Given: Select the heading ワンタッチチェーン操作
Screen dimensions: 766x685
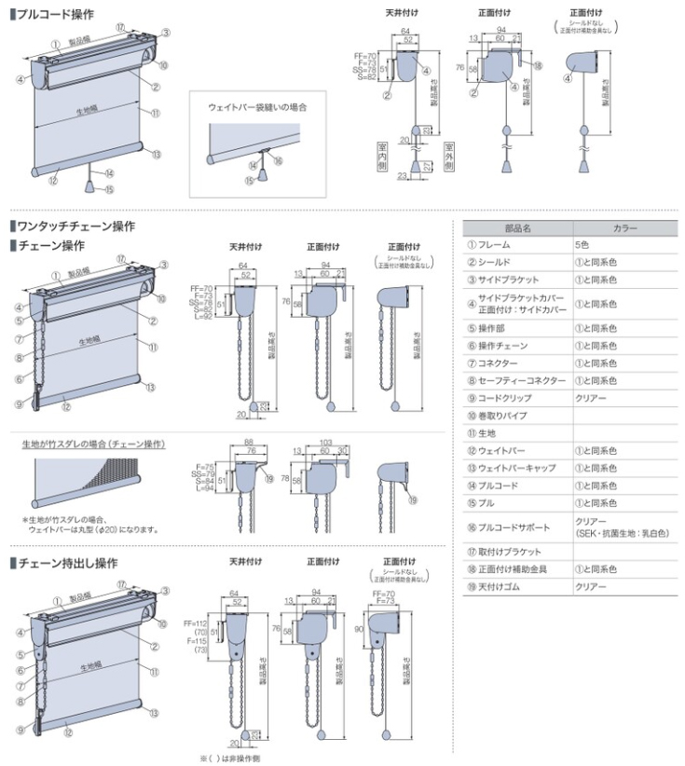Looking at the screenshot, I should (x=74, y=226).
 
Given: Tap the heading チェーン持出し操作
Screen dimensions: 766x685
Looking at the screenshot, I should (x=65, y=563).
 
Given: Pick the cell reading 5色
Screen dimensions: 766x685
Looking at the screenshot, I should (x=582, y=244).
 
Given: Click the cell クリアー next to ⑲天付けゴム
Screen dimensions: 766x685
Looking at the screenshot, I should (x=591, y=586).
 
